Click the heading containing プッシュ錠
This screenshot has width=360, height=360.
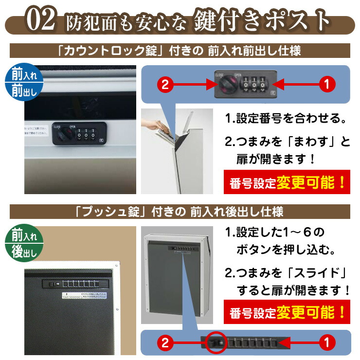pyautogui.click(x=180, y=212)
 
